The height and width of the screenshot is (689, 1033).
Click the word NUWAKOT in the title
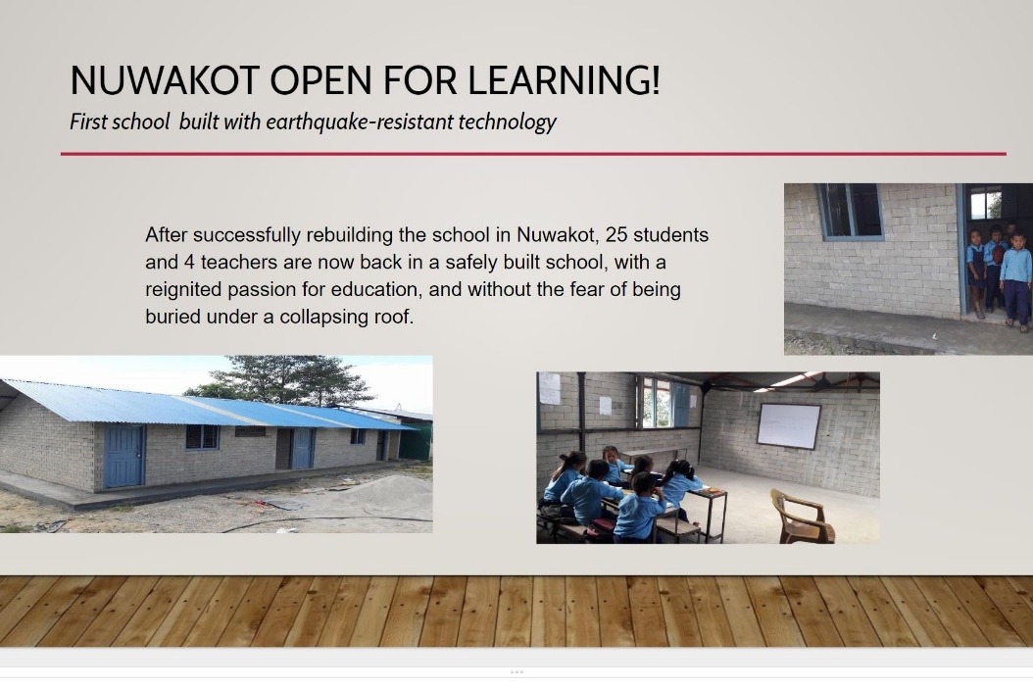point(164,79)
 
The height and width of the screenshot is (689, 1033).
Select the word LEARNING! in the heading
point(564,79)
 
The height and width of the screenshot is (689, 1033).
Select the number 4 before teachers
point(189,262)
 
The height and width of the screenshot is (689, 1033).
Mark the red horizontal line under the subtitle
point(533,154)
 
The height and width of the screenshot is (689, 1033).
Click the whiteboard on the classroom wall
point(789,426)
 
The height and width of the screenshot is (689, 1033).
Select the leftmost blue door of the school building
point(123,456)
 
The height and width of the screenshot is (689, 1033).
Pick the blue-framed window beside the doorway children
point(850,211)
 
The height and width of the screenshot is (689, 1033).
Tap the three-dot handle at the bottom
point(516,672)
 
